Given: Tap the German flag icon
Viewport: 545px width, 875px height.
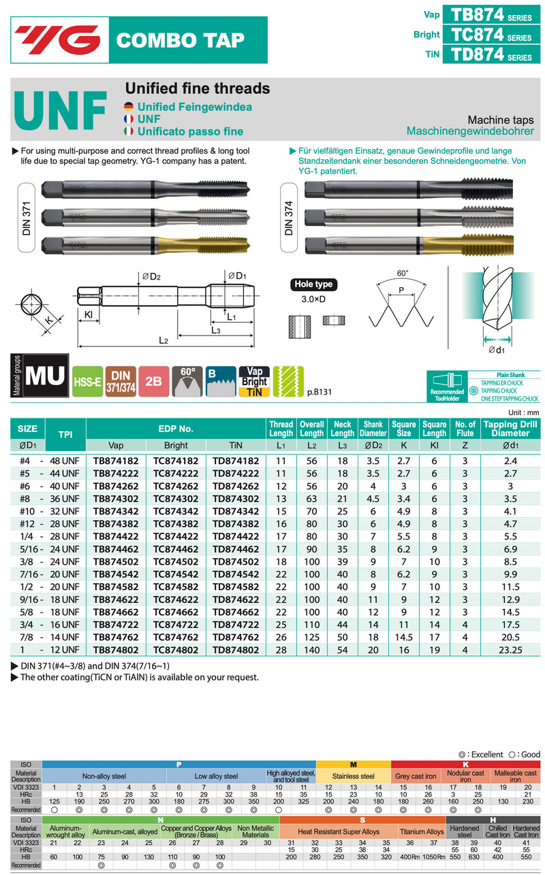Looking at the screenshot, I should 129,107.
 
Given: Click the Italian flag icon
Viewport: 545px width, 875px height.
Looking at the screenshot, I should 129,131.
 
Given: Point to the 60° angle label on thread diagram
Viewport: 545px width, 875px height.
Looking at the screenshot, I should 403,273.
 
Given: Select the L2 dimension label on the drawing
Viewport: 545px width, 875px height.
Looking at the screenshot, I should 164,339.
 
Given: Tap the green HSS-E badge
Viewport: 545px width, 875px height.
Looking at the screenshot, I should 87,382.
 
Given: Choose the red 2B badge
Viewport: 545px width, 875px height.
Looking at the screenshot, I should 153,382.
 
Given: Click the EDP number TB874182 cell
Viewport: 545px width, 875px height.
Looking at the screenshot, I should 116,461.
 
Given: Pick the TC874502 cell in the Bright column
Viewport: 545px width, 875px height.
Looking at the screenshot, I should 176,561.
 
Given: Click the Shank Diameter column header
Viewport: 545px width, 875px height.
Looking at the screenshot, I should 373,428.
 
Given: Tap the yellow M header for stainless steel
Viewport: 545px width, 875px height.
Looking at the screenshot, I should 353,764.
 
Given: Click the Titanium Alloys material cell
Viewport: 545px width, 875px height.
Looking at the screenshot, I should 421,831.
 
